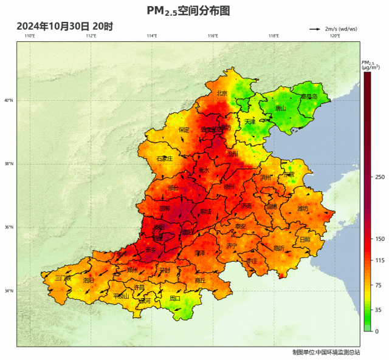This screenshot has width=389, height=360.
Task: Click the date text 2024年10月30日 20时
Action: pos(64,26)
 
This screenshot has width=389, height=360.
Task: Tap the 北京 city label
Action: pos(222,93)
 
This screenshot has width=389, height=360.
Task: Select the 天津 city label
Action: pos(250,121)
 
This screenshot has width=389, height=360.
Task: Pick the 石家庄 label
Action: pos(165,158)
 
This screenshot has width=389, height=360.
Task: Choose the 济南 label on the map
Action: pos(246,206)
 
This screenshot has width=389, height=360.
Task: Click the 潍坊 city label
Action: pos(303,209)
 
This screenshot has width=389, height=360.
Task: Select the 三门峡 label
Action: pos(63,278)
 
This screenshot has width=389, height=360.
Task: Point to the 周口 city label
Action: pos(175,298)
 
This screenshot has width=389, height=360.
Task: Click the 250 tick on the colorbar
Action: pos(380,177)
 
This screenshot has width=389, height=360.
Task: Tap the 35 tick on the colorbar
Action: pos(378,310)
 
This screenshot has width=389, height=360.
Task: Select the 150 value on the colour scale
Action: pos(380,239)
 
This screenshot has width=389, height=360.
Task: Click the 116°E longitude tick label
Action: pos(213,36)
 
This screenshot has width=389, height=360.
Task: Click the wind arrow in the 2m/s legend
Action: pos(315,29)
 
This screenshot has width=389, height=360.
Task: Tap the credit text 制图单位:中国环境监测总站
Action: pos(326,352)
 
